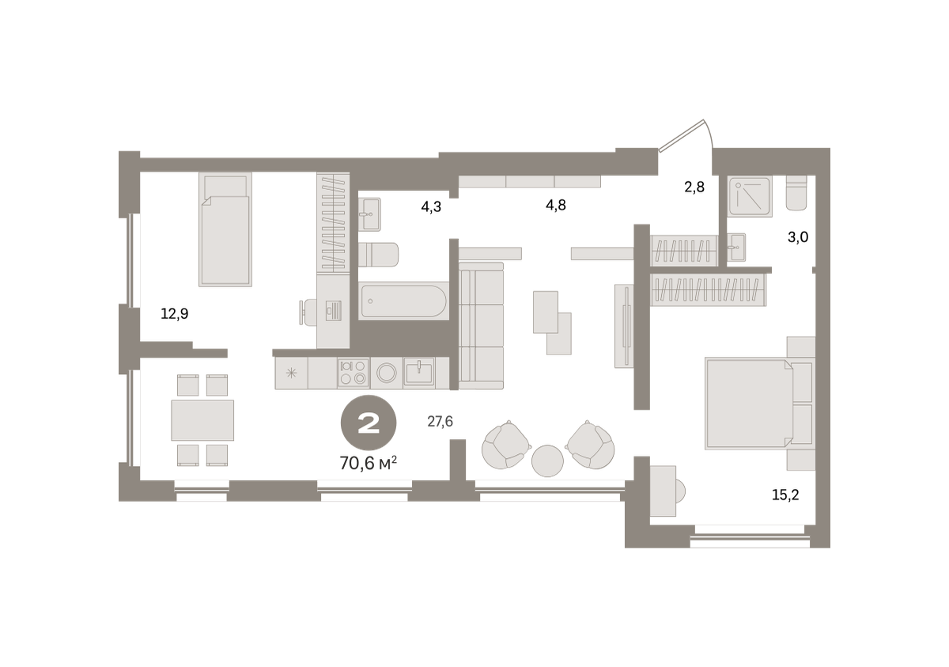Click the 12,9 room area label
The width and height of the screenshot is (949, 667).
pyautogui.click(x=175, y=314)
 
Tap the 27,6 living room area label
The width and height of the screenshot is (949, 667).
pyautogui.click(x=440, y=421)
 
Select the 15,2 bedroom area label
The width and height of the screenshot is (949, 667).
pyautogui.click(x=785, y=495)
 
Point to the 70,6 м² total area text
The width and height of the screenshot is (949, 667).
pyautogui.click(x=369, y=463)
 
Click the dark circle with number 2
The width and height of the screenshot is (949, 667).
pyautogui.click(x=369, y=423)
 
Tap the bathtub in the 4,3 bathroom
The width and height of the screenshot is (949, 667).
pyautogui.click(x=403, y=301)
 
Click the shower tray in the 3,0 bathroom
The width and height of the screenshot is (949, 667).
pyautogui.click(x=750, y=197)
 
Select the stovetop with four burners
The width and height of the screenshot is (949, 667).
pyautogui.click(x=354, y=373)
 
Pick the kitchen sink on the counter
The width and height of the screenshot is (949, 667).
pyautogui.click(x=419, y=372)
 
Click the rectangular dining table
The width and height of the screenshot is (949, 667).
pyautogui.click(x=202, y=420)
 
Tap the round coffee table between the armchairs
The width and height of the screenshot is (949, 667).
pyautogui.click(x=547, y=461)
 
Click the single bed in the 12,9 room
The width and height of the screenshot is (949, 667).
pyautogui.click(x=225, y=229)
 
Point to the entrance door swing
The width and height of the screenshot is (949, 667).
pyautogui.click(x=686, y=135)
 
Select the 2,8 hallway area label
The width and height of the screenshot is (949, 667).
pyautogui.click(x=694, y=187)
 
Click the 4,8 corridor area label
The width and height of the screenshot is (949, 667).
pyautogui.click(x=556, y=206)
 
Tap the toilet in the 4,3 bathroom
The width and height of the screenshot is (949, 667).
pyautogui.click(x=378, y=255)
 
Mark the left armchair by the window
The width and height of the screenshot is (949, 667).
pyautogui.click(x=506, y=445)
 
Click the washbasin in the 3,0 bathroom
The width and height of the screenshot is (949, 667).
pyautogui.click(x=737, y=247)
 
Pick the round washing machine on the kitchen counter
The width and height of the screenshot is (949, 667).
pyautogui.click(x=387, y=373)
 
